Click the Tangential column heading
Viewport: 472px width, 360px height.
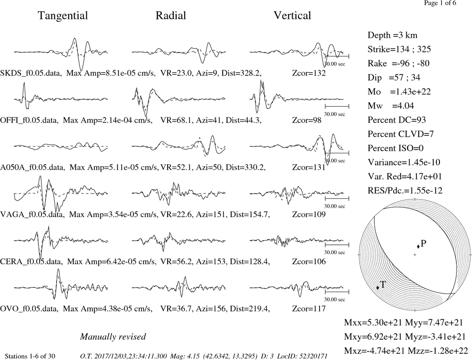63,16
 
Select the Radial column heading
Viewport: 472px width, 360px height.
171,16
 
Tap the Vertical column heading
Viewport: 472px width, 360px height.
292,16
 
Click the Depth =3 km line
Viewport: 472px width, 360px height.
392,35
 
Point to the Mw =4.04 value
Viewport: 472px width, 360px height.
391,106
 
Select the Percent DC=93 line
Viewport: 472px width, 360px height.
397,120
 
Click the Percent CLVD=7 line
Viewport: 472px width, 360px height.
401,134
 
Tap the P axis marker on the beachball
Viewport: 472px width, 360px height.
418,246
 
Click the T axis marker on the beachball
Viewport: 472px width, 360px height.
378,287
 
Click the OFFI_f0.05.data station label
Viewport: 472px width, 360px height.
29,120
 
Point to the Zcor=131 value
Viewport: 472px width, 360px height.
309,167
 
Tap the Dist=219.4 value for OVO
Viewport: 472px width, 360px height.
250,309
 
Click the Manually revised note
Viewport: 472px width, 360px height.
113,336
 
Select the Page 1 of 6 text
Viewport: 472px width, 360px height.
440,3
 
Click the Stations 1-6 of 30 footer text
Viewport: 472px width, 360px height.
30,356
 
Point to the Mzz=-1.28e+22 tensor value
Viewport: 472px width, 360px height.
438,351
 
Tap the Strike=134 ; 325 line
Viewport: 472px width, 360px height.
399,50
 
